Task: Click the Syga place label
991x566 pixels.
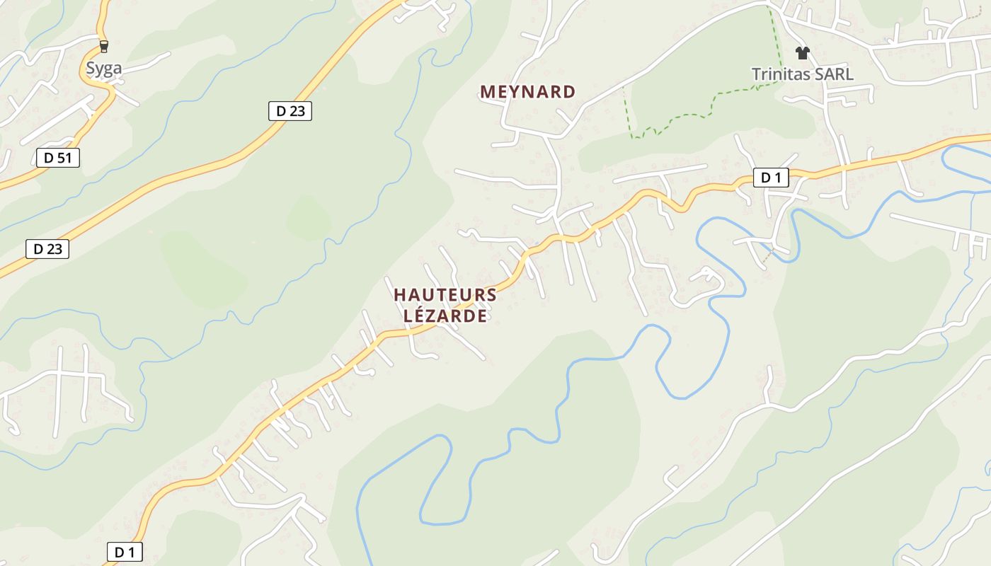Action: pyautogui.click(x=103, y=68)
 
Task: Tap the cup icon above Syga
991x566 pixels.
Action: pyautogui.click(x=104, y=47)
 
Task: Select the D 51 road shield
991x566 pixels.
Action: pyautogui.click(x=58, y=158)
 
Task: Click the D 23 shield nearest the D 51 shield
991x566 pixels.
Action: pyautogui.click(x=48, y=249)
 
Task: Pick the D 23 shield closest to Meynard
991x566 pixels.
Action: pyautogui.click(x=290, y=111)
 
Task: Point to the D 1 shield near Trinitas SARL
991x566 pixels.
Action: pyautogui.click(x=771, y=178)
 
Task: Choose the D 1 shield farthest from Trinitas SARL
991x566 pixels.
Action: pyautogui.click(x=125, y=552)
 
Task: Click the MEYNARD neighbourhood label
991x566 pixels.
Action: pyautogui.click(x=527, y=92)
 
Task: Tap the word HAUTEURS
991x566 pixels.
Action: pyautogui.click(x=445, y=295)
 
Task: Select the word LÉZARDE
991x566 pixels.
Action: pyautogui.click(x=445, y=316)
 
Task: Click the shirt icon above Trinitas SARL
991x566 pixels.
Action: pyautogui.click(x=802, y=53)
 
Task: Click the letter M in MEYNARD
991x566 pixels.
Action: pyautogui.click(x=487, y=92)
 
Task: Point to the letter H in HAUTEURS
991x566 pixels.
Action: pyautogui.click(x=400, y=295)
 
